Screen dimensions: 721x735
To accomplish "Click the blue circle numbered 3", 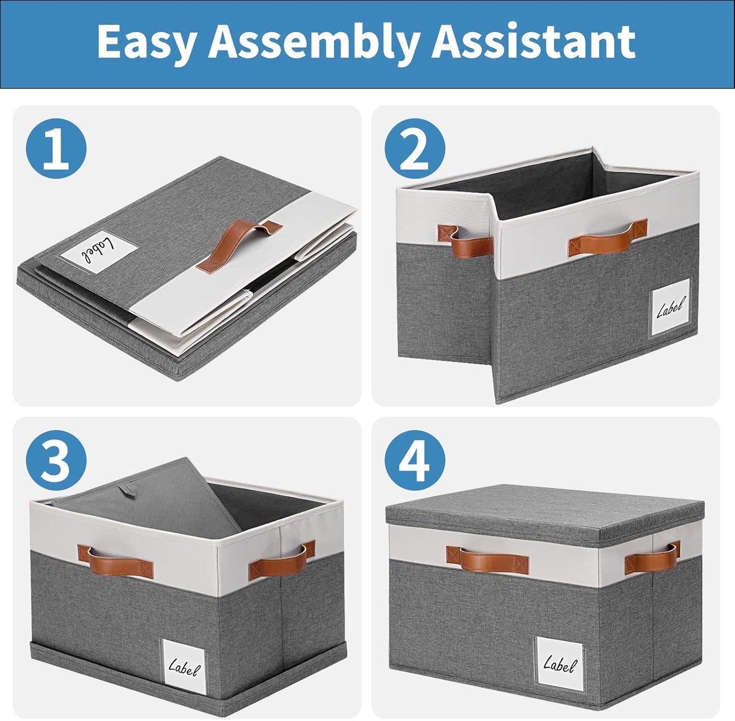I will point(56,460).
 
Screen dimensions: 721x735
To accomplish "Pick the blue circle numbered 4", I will point(415,460).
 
